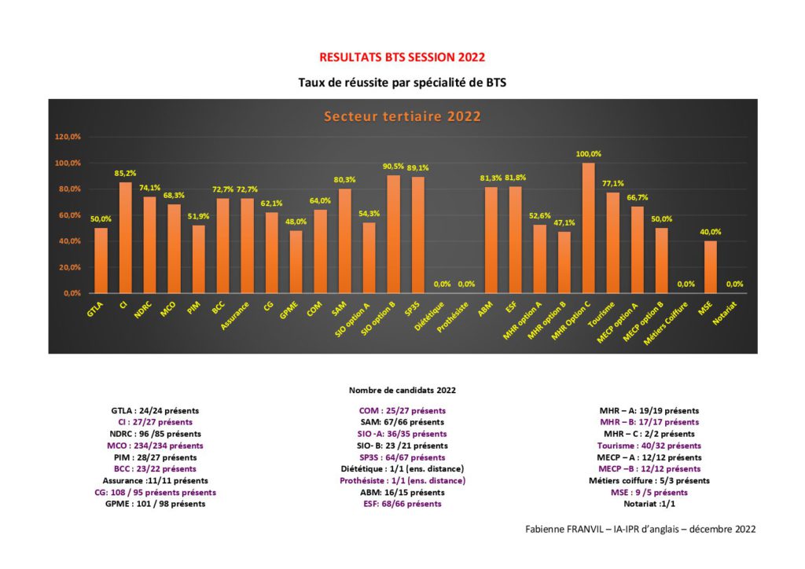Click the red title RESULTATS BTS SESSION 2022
(402, 57)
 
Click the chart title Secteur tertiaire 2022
(402, 116)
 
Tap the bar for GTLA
(101, 260)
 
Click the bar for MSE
(711, 266)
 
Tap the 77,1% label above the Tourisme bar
(613, 184)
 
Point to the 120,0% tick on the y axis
(68, 137)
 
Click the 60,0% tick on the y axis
(69, 215)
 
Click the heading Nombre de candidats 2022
(402, 390)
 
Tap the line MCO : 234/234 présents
(155, 446)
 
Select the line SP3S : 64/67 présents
(402, 457)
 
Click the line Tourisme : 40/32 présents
(649, 446)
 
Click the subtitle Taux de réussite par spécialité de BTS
(402, 82)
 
